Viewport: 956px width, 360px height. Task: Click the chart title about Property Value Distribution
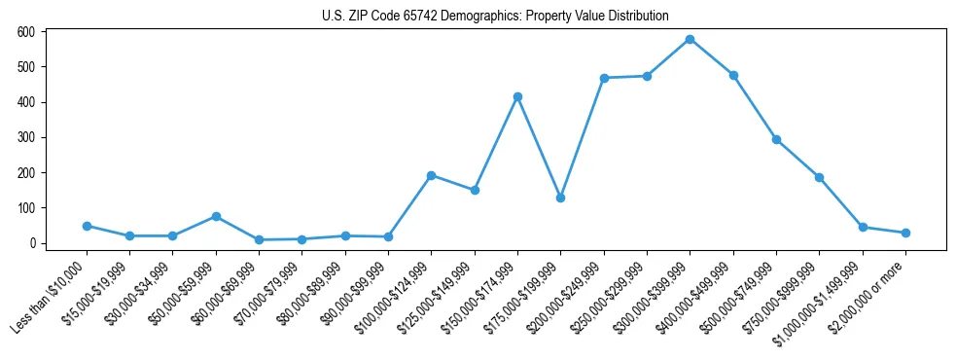pyautogui.click(x=495, y=16)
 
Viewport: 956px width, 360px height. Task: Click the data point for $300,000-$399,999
pyautogui.click(x=690, y=39)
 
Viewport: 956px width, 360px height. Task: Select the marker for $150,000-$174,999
pyautogui.click(x=517, y=96)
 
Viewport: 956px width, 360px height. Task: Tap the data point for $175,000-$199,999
pyautogui.click(x=560, y=198)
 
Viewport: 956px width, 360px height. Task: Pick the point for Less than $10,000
pyautogui.click(x=87, y=226)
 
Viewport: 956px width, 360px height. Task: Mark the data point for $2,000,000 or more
pyautogui.click(x=905, y=233)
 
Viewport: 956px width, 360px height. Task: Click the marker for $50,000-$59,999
pyautogui.click(x=216, y=216)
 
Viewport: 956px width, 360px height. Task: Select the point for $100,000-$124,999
pyautogui.click(x=431, y=175)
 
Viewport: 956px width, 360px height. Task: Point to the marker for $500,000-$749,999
pyautogui.click(x=776, y=139)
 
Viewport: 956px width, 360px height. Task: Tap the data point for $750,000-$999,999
pyautogui.click(x=819, y=177)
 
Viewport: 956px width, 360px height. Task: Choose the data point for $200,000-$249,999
pyautogui.click(x=604, y=78)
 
